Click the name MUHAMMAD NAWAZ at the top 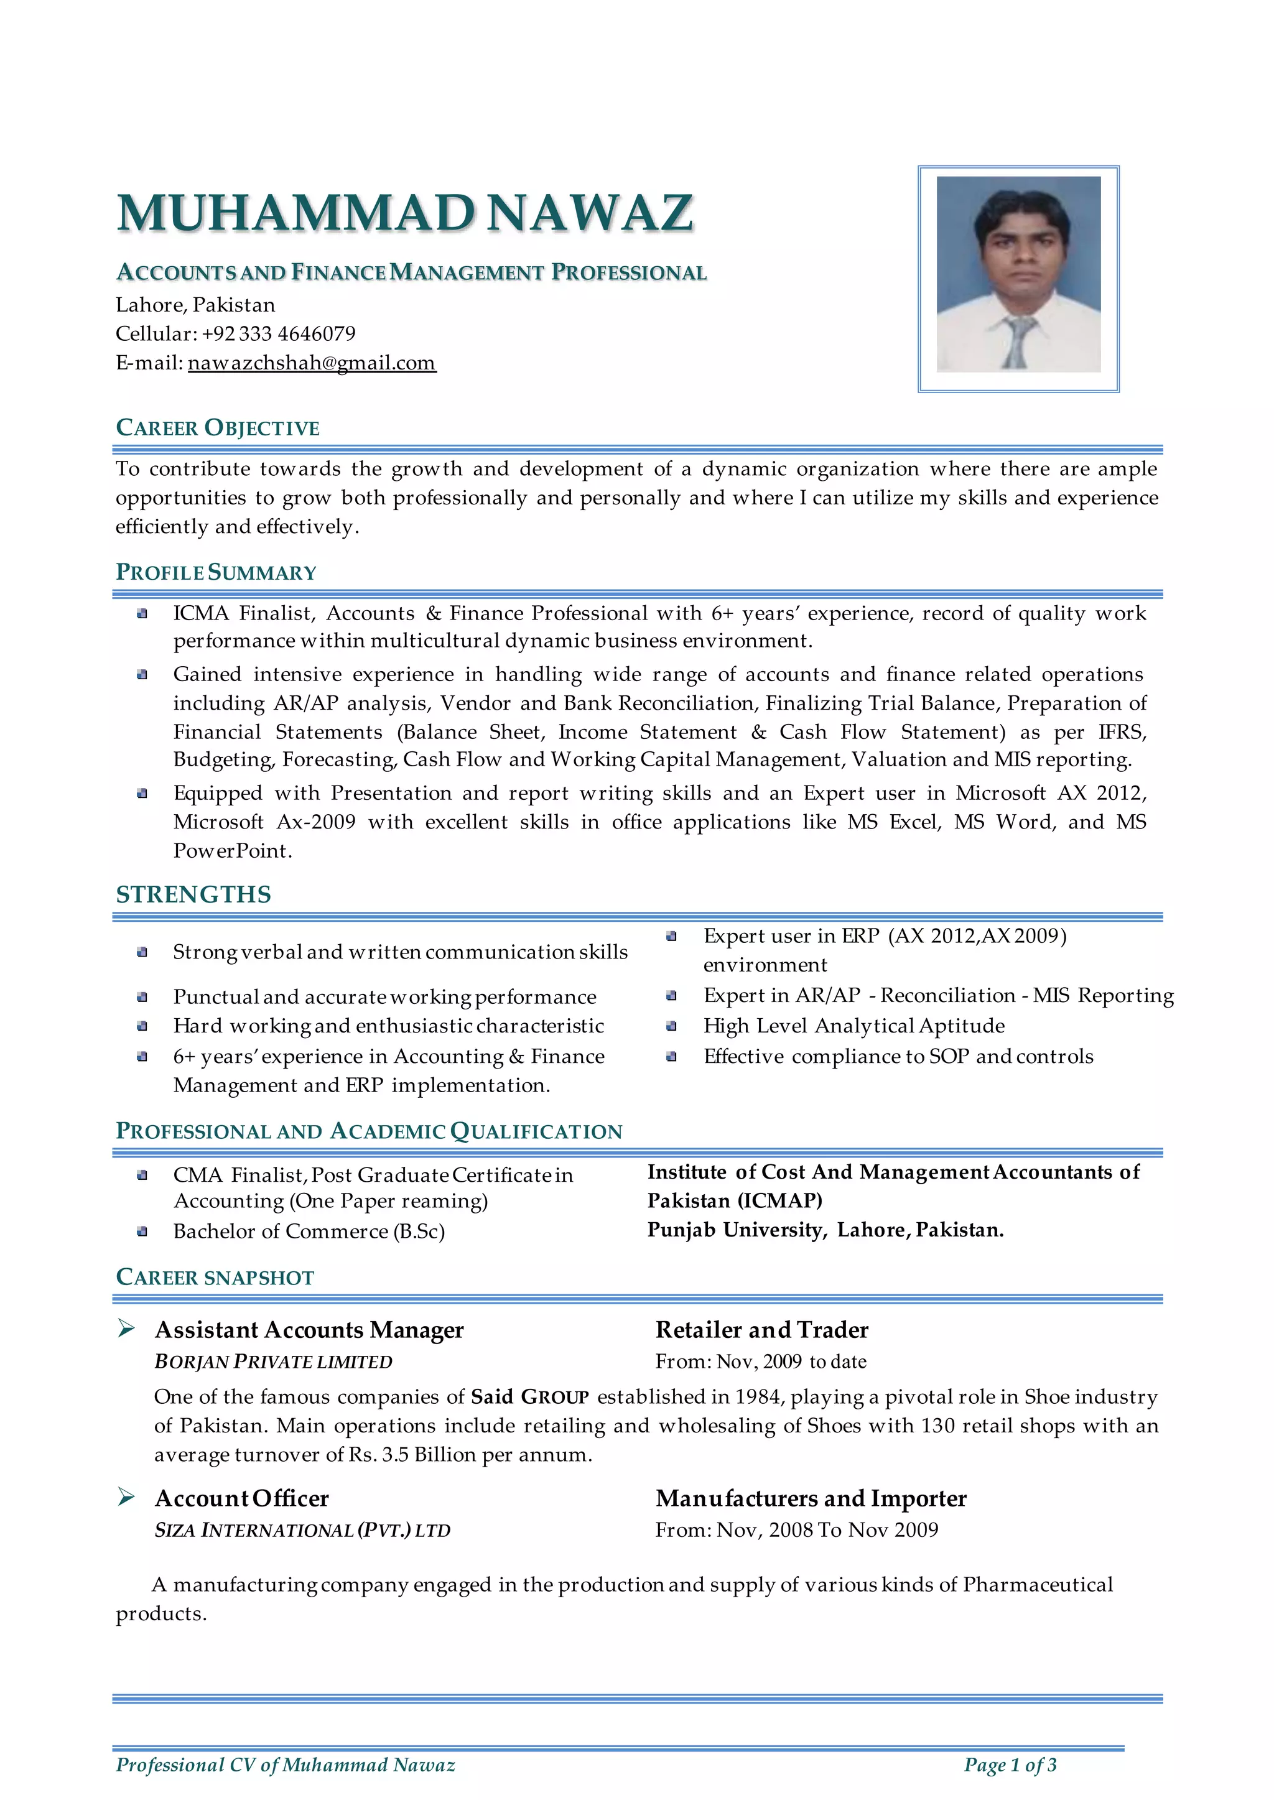click(405, 213)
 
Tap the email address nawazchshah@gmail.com click(312, 363)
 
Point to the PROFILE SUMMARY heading click(216, 573)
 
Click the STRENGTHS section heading click(193, 895)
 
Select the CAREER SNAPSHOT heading click(215, 1278)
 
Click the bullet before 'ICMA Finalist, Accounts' click(142, 614)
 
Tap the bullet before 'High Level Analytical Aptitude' click(671, 1027)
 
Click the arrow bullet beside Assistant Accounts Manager click(126, 1329)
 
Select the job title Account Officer click(241, 1499)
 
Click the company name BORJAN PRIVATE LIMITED click(273, 1362)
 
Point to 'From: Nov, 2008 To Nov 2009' click(796, 1530)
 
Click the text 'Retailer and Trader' click(762, 1330)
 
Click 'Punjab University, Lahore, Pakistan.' click(825, 1230)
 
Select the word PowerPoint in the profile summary click(232, 851)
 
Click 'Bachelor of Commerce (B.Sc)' click(309, 1232)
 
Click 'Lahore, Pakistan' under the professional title click(195, 305)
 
